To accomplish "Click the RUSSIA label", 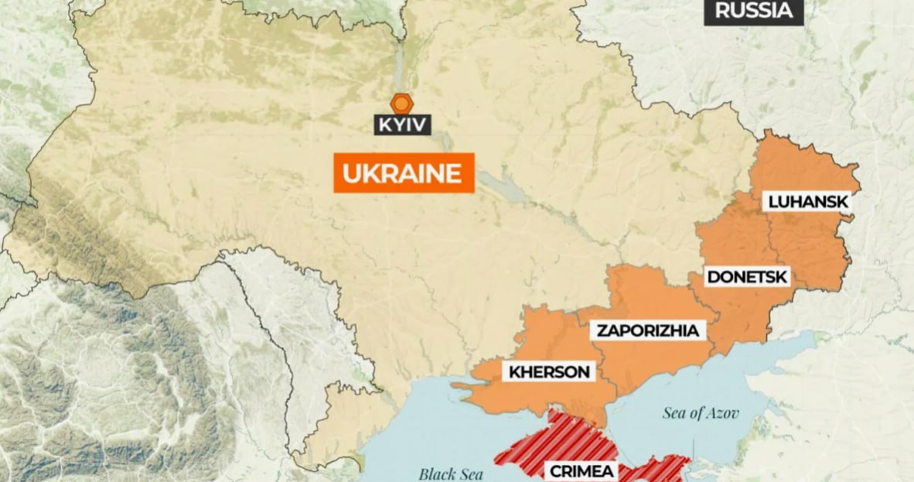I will (x=753, y=11).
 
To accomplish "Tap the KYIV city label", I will (x=402, y=124).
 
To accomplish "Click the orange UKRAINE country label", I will (x=403, y=173).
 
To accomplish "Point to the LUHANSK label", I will (x=807, y=202).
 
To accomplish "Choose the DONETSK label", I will (x=746, y=277).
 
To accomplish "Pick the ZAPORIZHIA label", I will (x=648, y=331).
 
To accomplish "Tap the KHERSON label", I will (x=549, y=372).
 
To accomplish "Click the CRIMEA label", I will (x=581, y=470).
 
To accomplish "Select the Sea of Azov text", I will (x=701, y=413).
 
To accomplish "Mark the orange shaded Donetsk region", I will (x=735, y=309).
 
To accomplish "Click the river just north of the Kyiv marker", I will (x=400, y=62).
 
